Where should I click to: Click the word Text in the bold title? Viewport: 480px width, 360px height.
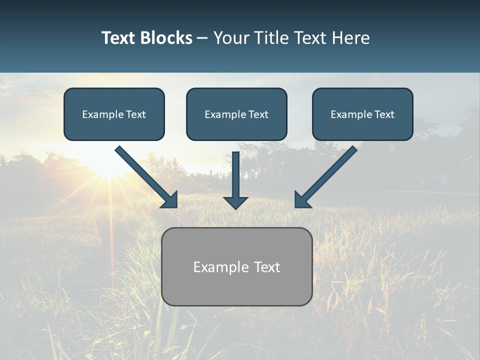[118, 38]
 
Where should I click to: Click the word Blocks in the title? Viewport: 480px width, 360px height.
[166, 38]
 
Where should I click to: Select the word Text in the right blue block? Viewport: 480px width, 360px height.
[384, 114]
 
